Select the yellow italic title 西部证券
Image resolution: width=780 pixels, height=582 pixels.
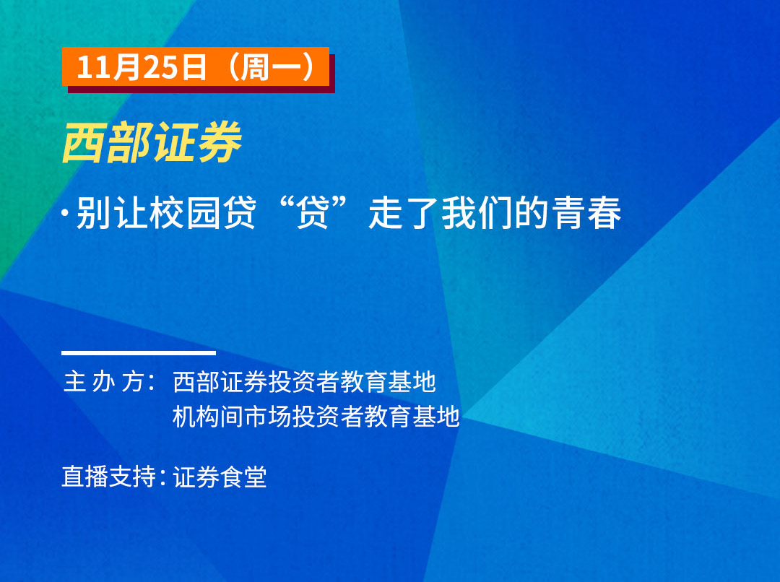coord(152,143)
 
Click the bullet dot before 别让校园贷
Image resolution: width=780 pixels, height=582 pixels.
coord(65,212)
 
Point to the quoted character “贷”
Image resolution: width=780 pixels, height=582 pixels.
coord(313,212)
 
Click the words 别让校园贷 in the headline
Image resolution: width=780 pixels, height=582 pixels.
coord(166,212)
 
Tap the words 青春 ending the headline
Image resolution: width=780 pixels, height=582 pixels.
coord(587,212)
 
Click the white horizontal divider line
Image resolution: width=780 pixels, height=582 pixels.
coord(139,353)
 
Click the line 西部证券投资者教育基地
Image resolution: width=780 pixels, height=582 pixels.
coord(304,382)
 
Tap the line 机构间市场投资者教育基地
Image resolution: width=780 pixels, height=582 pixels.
coord(316,417)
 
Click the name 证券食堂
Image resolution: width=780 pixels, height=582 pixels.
coord(220,477)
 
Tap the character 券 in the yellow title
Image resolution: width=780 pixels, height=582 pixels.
coord(220,143)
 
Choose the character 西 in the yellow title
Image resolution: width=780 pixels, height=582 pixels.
coord(84,143)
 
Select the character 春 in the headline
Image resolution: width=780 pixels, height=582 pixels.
coord(605,212)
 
